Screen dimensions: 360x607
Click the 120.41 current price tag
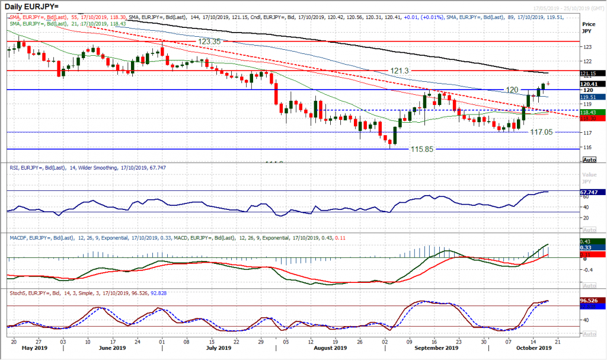590,84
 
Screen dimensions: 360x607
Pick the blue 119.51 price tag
590,96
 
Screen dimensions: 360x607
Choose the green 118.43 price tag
590,111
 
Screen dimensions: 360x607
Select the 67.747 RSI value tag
590,192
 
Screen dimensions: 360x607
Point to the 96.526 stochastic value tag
590,301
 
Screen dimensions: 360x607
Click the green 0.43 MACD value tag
590,240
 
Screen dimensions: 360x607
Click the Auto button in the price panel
589,160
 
